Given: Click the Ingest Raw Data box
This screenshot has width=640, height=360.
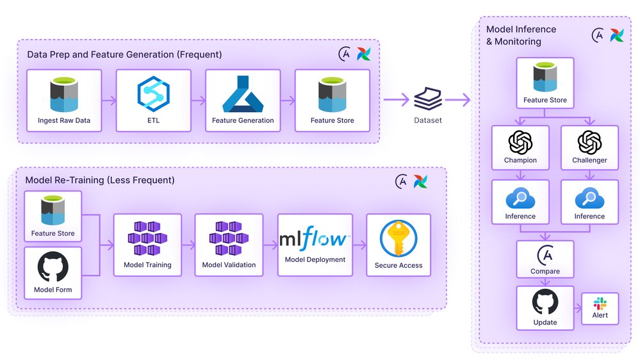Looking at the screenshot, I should [64, 101].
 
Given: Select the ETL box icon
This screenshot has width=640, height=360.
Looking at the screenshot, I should [153, 94].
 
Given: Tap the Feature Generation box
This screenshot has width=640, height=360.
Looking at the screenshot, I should [243, 101].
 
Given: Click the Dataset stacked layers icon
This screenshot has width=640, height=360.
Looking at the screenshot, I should [428, 99].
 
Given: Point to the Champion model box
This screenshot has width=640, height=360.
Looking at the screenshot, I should [520, 148].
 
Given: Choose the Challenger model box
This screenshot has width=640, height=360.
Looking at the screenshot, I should [589, 148].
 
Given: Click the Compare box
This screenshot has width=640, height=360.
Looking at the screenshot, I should [545, 259].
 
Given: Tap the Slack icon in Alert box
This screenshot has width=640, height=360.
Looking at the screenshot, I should [600, 303].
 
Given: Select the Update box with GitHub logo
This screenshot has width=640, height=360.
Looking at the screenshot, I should [545, 307].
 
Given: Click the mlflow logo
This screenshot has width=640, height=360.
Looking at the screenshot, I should [315, 240].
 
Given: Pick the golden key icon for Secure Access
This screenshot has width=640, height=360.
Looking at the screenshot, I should [398, 239].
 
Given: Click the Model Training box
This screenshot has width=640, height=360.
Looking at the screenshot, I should [147, 245].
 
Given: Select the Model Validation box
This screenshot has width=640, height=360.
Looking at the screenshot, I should [229, 245].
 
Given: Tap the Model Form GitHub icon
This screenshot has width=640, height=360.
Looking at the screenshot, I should [53, 267].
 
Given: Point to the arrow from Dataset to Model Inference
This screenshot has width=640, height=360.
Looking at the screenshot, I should [458, 100].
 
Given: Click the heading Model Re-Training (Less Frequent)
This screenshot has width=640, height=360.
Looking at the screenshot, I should [99, 180].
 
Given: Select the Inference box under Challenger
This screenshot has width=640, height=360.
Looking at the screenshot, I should [589, 202].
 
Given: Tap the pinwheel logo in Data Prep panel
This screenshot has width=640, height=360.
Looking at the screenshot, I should [363, 54].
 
